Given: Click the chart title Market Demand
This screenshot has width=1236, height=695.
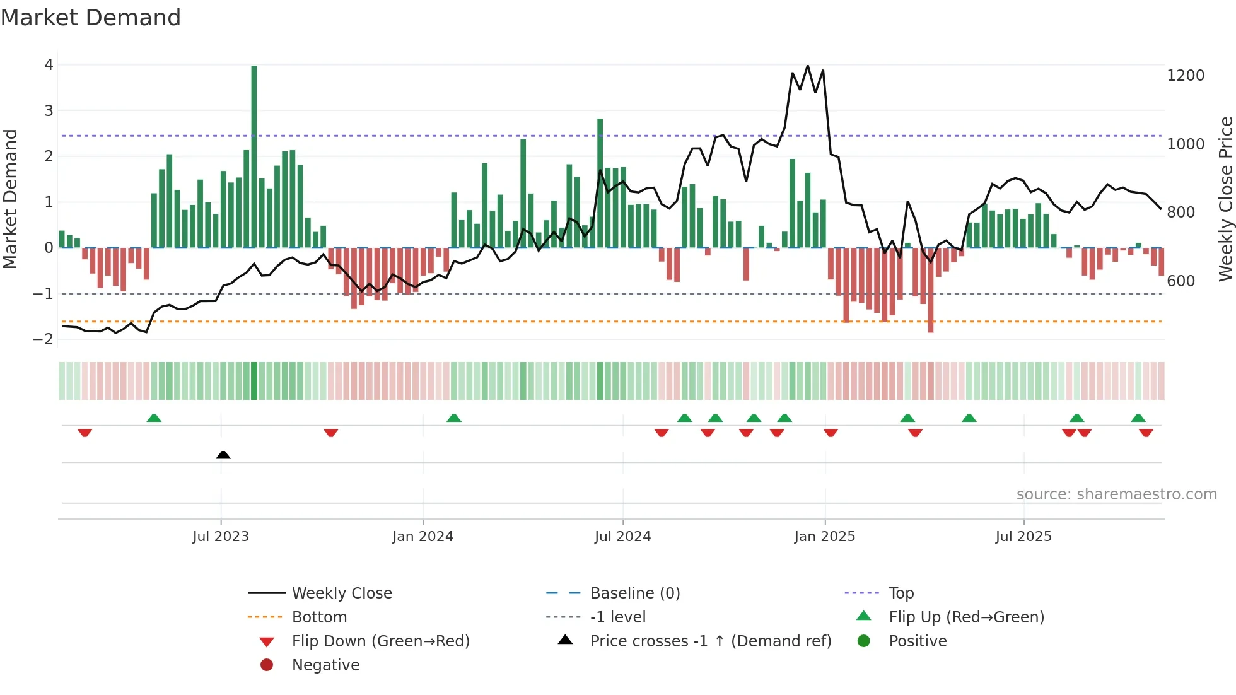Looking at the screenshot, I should click(91, 18).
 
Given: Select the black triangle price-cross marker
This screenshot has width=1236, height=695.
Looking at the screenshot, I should click(223, 455).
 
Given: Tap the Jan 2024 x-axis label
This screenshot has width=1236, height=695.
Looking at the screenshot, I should click(423, 537).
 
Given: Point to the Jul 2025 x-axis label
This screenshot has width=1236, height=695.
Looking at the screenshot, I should click(1023, 537).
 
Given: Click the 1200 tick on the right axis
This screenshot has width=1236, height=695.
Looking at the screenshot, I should click(1186, 76).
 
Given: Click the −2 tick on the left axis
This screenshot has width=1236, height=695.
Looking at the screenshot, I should click(44, 339).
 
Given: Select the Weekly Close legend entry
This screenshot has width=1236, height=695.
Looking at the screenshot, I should click(341, 593).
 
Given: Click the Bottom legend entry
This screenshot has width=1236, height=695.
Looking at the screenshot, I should click(319, 617).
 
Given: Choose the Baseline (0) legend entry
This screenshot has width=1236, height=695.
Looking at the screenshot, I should click(634, 593).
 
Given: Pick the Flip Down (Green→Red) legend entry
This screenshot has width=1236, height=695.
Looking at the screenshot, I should click(380, 641).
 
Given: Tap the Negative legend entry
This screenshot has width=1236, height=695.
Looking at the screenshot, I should click(325, 665).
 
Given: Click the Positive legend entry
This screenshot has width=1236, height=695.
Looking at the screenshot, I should click(918, 641).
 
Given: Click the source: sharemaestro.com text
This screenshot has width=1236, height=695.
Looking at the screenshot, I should click(1116, 494).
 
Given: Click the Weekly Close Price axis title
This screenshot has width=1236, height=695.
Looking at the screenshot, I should click(1225, 199).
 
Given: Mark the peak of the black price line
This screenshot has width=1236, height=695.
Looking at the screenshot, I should click(808, 66).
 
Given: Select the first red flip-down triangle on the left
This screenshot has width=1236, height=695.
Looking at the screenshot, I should click(85, 433).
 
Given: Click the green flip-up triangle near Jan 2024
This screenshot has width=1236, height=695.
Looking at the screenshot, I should click(454, 418).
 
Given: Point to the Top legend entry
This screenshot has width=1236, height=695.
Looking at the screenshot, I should click(901, 593).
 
